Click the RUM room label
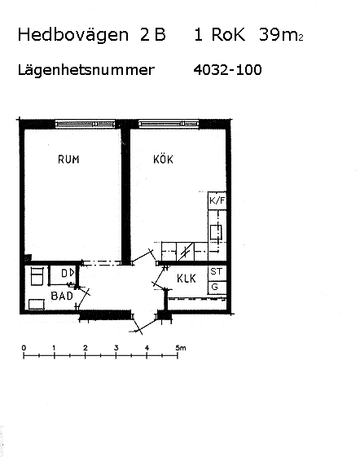[68, 160]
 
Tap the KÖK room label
[163, 159]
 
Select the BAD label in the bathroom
[62, 296]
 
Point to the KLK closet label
[187, 279]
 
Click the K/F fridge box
[217, 200]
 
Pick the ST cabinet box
[217, 272]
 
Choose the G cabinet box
[217, 288]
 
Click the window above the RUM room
[86, 124]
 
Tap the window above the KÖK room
[169, 124]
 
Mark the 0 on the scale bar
[24, 348]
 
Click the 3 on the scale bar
[116, 348]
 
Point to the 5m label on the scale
[181, 348]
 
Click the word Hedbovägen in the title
[72, 35]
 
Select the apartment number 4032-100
[228, 70]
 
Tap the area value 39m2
[281, 34]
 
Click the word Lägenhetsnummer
[86, 70]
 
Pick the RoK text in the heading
[228, 34]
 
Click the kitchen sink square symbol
[216, 232]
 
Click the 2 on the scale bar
[86, 348]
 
